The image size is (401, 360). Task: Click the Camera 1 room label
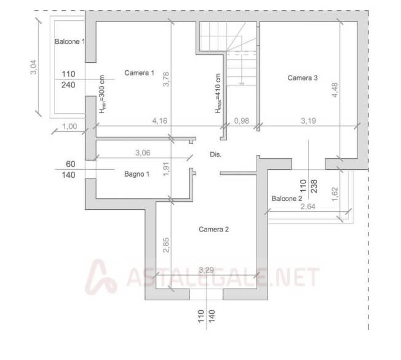139,73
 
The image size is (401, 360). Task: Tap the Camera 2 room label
213,230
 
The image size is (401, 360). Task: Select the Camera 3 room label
303,78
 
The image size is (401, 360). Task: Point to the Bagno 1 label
137,174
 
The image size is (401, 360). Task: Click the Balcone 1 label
69,41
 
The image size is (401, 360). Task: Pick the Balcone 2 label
287,199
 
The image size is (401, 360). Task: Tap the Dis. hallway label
216,154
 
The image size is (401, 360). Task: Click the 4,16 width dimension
160,121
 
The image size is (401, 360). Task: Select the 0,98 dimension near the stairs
242,121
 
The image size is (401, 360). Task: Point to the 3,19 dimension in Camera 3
308,121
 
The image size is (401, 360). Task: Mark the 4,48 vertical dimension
335,90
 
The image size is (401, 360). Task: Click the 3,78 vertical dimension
166,79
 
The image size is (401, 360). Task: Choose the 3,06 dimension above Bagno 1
143,153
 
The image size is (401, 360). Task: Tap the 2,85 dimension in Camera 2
166,245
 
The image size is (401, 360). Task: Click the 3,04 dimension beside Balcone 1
33,67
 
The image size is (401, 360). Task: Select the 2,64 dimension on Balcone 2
308,206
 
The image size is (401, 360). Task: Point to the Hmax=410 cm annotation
218,94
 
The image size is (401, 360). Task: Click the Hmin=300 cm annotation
102,94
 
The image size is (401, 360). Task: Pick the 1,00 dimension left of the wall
69,126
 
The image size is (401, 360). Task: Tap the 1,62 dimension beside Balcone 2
335,194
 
